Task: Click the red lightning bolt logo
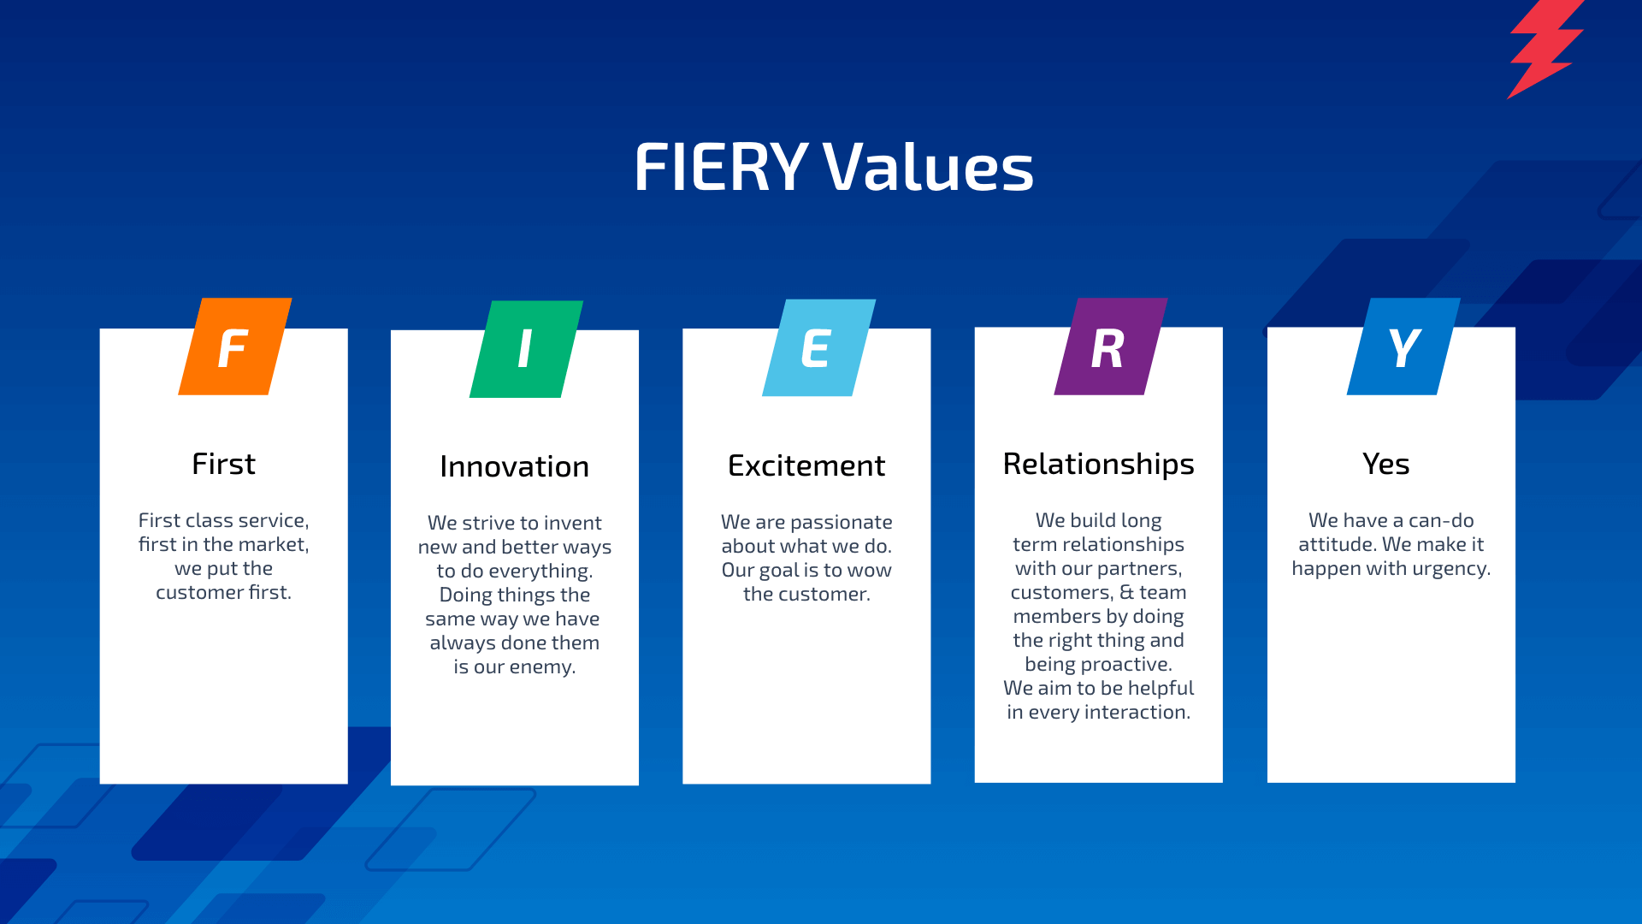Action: pyautogui.click(x=1544, y=47)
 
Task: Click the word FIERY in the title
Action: pyautogui.click(x=720, y=167)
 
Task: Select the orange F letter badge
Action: pyautogui.click(x=234, y=347)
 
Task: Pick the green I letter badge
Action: pyautogui.click(x=526, y=349)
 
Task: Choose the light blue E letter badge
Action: pyautogui.click(x=818, y=348)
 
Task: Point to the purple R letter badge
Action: pyautogui.click(x=1110, y=347)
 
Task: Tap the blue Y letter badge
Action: pyautogui.click(x=1403, y=347)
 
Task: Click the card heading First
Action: pyautogui.click(x=223, y=465)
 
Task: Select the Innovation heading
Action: pyautogui.click(x=514, y=467)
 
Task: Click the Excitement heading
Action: pyautogui.click(x=806, y=466)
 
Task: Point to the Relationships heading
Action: pyautogui.click(x=1098, y=465)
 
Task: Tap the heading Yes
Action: pyautogui.click(x=1385, y=465)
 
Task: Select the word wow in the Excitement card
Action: pyautogui.click(x=868, y=571)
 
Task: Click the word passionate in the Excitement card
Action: pyautogui.click(x=841, y=522)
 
